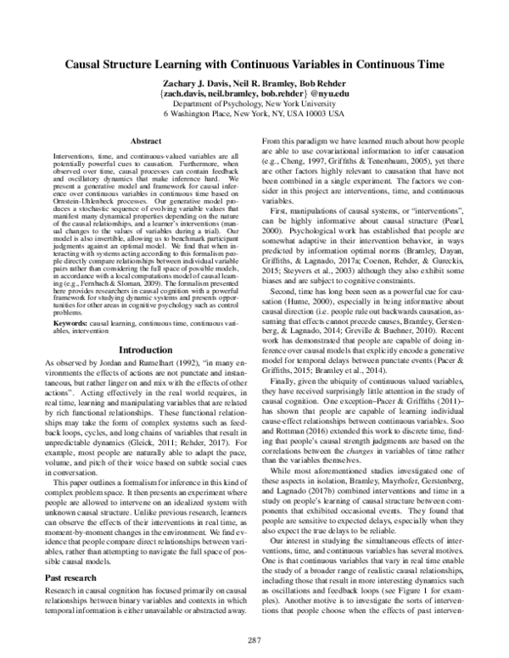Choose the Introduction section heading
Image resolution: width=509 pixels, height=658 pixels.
pos(145,349)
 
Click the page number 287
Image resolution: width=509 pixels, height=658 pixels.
pos(254,638)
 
